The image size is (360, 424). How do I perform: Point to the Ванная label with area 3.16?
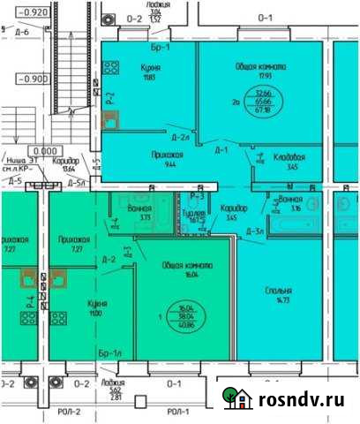pyautogui.click(x=290, y=200)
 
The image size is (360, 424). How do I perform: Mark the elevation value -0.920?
pyautogui.click(x=34, y=13)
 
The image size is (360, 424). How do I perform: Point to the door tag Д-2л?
pyautogui.click(x=180, y=138)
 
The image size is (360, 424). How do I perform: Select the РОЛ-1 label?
pyautogui.click(x=177, y=412)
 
